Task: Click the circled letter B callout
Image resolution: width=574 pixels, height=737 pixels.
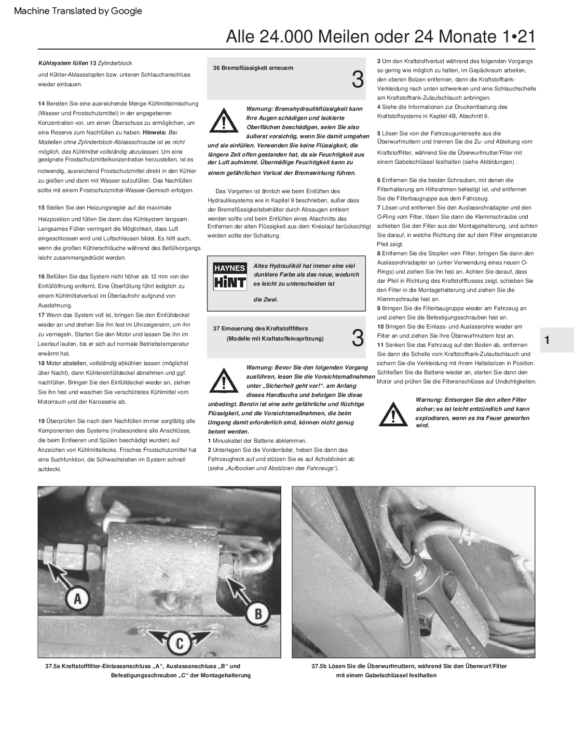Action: [x=258, y=614]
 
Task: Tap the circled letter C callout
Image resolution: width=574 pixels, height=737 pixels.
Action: [x=178, y=643]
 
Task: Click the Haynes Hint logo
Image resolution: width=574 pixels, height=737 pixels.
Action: [x=230, y=276]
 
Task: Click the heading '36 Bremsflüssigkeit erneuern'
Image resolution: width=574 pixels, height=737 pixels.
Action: [x=253, y=68]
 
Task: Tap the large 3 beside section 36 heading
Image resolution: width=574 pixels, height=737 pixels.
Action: [x=357, y=80]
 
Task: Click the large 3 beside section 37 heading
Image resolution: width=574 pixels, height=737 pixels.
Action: [x=357, y=338]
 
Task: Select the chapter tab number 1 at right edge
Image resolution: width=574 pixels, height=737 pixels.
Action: [x=547, y=340]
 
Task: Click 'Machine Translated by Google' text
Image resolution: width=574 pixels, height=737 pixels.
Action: [x=78, y=11]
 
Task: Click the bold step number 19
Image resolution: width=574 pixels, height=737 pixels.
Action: [x=41, y=421]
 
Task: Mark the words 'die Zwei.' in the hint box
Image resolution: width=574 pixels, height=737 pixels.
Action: [x=266, y=300]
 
